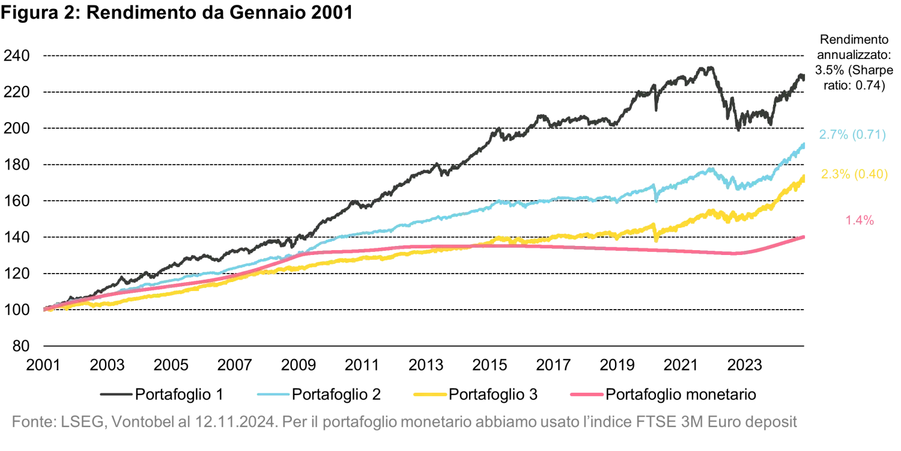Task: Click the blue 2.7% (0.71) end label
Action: coord(852,135)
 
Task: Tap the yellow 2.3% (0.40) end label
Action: coord(854,175)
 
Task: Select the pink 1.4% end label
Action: coord(860,221)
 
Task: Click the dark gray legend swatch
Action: coord(115,394)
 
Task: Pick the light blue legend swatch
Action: coord(273,394)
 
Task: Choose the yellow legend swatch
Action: coord(428,394)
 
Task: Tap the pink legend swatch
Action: coord(586,394)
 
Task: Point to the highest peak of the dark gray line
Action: coord(704,65)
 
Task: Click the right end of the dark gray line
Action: coord(805,75)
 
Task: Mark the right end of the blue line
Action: coord(805,143)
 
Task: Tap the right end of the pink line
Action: coord(805,236)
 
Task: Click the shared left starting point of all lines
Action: coord(46,309)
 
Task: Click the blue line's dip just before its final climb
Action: coord(738,189)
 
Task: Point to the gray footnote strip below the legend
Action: coord(402,420)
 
